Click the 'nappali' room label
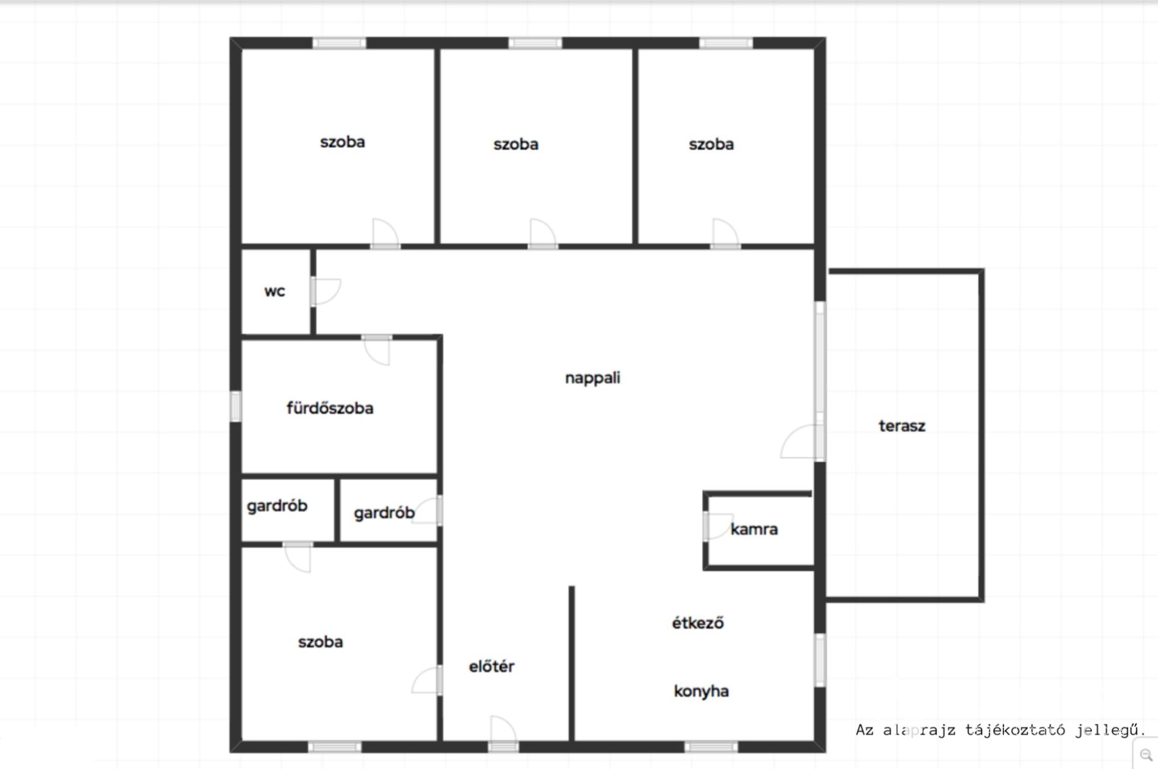click(x=593, y=378)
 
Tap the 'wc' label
click(x=275, y=291)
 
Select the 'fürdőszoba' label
click(x=330, y=408)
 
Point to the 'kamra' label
click(x=754, y=529)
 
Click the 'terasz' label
click(x=902, y=426)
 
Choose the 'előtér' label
click(x=492, y=666)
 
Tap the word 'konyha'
click(x=701, y=691)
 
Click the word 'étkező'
click(x=698, y=622)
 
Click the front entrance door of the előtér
click(x=503, y=733)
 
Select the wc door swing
click(x=326, y=291)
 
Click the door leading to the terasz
click(x=802, y=442)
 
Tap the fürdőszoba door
click(x=377, y=350)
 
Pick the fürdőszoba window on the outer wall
click(x=236, y=406)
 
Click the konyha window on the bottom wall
click(x=711, y=747)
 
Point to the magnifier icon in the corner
click(x=1146, y=756)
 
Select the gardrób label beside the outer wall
click(x=277, y=506)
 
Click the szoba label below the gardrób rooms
click(x=320, y=642)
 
